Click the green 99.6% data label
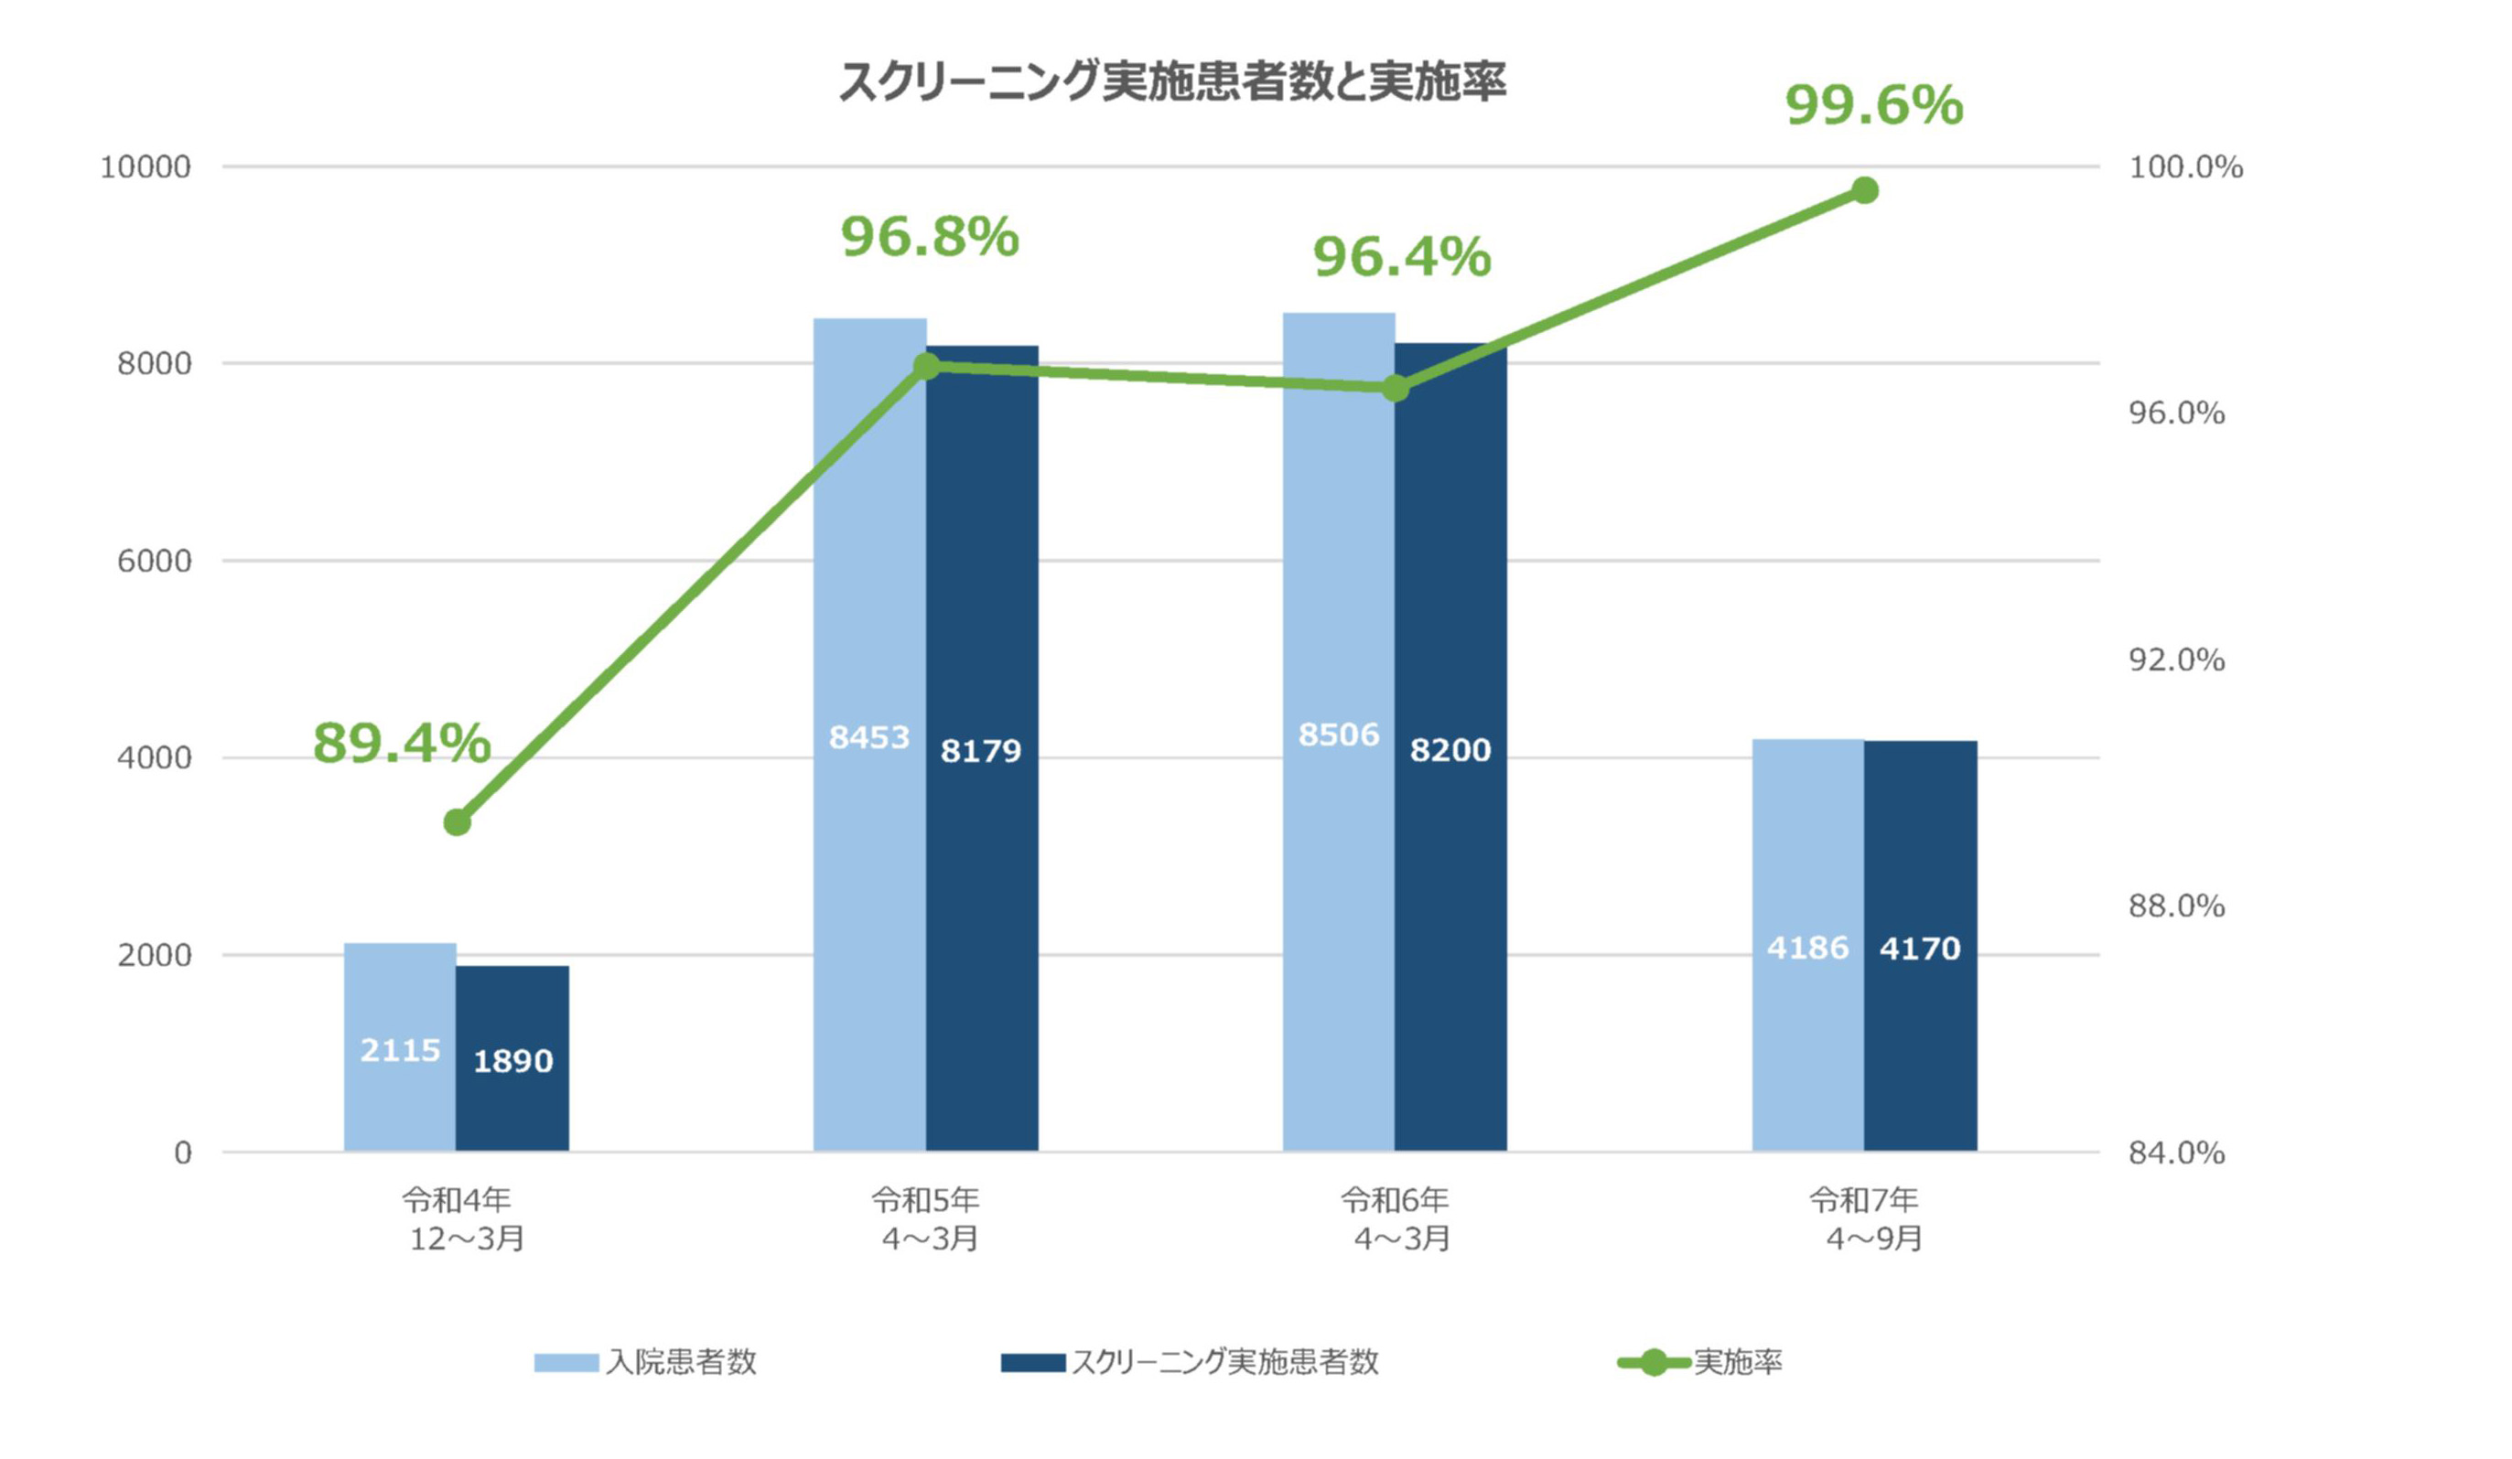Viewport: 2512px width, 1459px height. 1874,105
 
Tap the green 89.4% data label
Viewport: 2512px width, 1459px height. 402,744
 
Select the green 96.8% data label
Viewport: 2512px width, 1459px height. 930,237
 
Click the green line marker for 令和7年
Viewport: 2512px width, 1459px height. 1865,190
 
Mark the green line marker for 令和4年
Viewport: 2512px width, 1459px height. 458,822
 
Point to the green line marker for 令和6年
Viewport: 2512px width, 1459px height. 1396,388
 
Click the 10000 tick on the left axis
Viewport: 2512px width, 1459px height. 146,166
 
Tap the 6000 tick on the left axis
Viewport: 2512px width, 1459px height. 155,561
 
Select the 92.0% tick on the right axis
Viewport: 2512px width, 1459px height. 2177,660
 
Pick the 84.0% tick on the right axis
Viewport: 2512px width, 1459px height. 2177,1153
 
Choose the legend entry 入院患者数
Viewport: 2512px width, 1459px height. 646,1362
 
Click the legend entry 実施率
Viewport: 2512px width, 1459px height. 1700,1362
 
